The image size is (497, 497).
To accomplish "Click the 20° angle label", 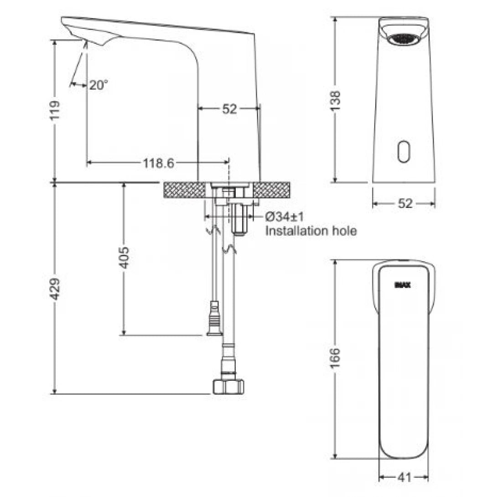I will (98, 85).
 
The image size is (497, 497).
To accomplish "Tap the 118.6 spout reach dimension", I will (158, 163).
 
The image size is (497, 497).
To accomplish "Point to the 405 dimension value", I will (124, 258).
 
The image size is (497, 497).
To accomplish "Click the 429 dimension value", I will (54, 288).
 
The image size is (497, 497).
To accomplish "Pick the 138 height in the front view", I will (335, 101).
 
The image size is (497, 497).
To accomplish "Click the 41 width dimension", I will (404, 477).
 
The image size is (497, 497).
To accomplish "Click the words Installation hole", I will (311, 231).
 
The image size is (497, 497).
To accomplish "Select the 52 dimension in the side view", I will (229, 109).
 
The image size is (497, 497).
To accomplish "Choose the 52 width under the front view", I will (404, 204).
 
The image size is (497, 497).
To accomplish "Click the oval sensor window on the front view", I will (403, 151).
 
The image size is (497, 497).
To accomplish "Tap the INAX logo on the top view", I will (403, 285).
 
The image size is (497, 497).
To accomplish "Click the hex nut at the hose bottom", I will (228, 386).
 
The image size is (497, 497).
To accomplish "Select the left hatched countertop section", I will (184, 190).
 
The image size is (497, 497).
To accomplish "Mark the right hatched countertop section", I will (271, 190).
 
